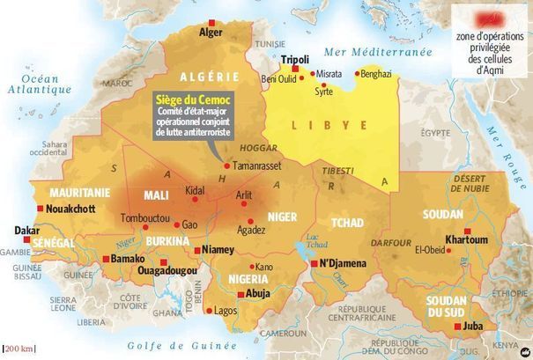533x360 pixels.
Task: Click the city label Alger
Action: [x=211, y=33]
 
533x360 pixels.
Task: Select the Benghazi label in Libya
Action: [x=375, y=74]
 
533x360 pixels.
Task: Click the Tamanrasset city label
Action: [x=257, y=165]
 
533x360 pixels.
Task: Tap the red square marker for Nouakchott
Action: [x=39, y=209]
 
